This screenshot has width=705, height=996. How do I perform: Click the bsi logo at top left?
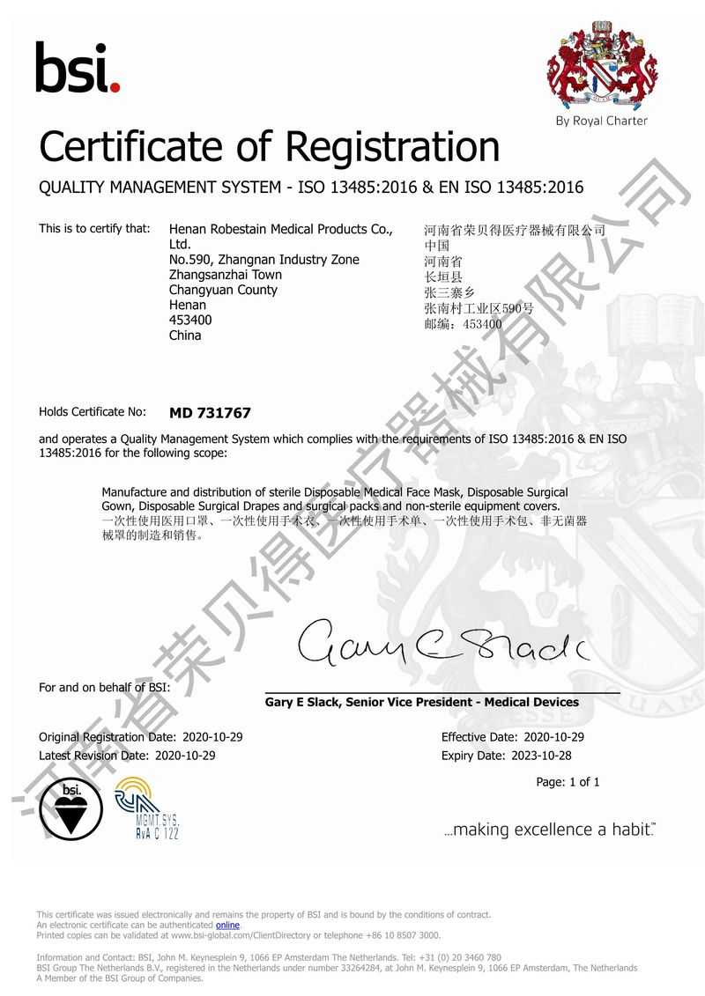[x=77, y=68]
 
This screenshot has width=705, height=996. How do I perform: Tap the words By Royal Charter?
[x=601, y=121]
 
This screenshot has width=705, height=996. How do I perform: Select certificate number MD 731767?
[x=210, y=412]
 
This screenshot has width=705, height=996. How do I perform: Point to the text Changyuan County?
[x=223, y=290]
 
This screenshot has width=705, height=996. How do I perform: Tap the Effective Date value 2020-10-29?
[x=553, y=737]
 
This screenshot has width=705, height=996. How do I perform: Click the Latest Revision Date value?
[x=185, y=756]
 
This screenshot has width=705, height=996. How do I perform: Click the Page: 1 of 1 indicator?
[x=568, y=782]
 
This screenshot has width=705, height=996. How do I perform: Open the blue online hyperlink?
[x=227, y=926]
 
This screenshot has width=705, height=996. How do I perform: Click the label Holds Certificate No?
[x=92, y=412]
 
